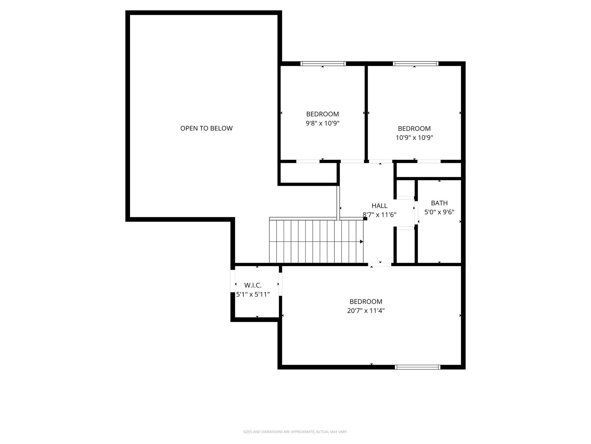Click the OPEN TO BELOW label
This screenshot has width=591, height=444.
click(x=206, y=128)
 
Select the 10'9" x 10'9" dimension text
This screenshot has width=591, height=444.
click(x=414, y=138)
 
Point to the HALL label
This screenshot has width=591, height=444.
click(x=379, y=206)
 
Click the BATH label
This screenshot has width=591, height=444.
click(x=439, y=203)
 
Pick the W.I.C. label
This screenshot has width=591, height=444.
click(x=253, y=286)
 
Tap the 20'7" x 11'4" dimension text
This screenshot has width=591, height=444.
click(x=366, y=311)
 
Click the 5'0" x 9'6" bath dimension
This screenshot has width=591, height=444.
click(x=439, y=212)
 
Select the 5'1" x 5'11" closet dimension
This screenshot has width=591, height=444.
click(x=253, y=295)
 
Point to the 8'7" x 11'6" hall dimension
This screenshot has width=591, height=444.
click(x=379, y=215)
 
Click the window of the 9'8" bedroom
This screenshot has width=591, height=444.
click(x=323, y=64)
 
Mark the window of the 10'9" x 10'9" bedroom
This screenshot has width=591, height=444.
click(x=416, y=64)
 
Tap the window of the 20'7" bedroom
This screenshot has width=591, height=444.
click(x=418, y=367)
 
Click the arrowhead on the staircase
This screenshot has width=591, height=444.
click(x=361, y=241)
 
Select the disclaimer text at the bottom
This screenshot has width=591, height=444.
click(x=295, y=432)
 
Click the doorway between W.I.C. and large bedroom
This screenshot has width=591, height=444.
click(x=280, y=284)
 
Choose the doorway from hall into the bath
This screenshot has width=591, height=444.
click(x=416, y=212)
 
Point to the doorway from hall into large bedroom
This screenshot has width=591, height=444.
click(x=379, y=264)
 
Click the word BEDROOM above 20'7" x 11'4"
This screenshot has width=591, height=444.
click(x=366, y=301)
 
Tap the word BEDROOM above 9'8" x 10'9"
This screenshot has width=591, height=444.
click(x=322, y=114)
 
